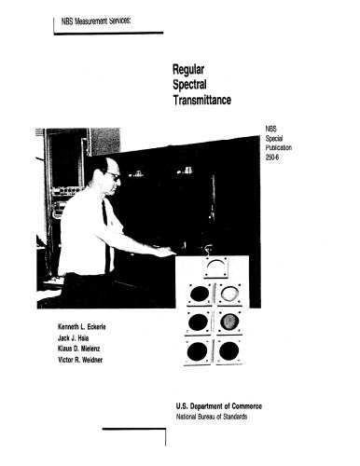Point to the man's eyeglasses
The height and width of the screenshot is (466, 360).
(110, 176)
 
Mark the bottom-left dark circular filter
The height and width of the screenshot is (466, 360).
(198, 351)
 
